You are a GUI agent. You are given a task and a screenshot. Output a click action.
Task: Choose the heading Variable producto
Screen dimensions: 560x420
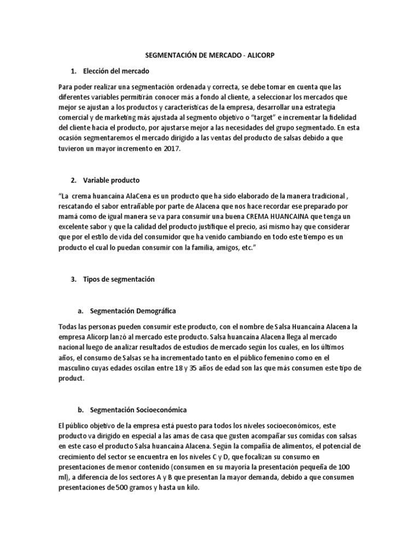coord(112,180)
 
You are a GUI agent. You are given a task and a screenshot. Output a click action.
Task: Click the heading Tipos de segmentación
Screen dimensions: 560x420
coord(119,279)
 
